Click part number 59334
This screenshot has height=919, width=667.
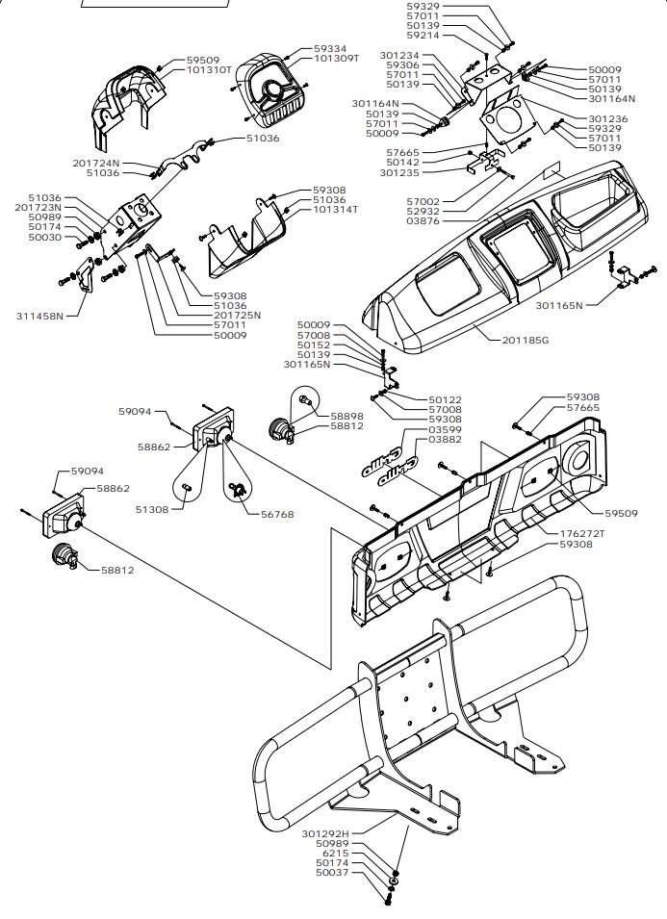pos(330,48)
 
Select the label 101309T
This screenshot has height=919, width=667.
pos(336,59)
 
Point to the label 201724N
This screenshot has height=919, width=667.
pos(95,163)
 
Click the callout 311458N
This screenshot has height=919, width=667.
pos(39,316)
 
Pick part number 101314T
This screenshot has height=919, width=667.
pos(335,209)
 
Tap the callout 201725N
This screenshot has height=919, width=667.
pos(237,316)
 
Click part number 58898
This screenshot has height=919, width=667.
pos(346,416)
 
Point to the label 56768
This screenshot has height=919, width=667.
pos(277,514)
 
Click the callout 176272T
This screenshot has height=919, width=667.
pos(583,533)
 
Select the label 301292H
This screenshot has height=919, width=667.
pos(324,833)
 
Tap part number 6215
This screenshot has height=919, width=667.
pos(336,854)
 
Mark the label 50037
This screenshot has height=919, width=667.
pos(331,873)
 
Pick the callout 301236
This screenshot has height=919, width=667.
pos(608,118)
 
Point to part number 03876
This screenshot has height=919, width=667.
pos(423,221)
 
